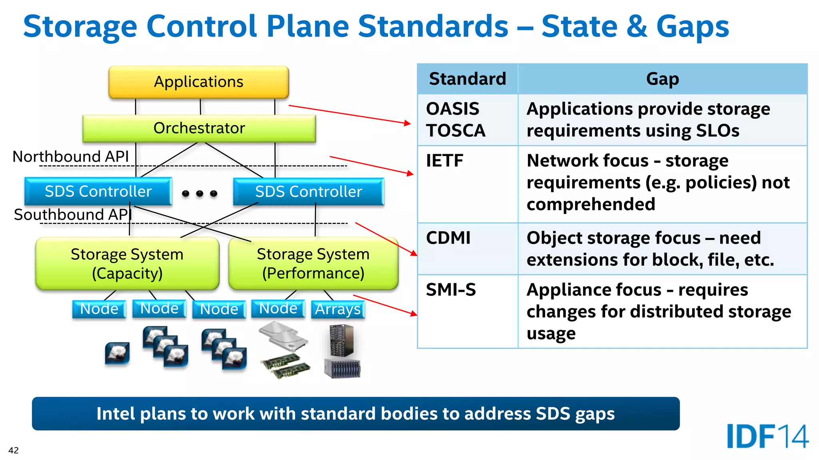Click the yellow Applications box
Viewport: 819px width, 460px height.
pos(199,82)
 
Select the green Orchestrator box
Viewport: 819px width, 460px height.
pos(199,128)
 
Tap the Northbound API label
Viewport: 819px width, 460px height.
pos(71,157)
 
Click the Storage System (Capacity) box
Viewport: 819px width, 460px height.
pos(127,264)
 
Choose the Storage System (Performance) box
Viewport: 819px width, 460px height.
pos(313,264)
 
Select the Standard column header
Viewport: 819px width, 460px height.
pos(467,79)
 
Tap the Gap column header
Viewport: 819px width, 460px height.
pos(663,79)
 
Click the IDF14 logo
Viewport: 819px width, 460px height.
pos(767,436)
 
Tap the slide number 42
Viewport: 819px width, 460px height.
pos(14,450)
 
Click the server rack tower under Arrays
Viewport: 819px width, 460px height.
pos(342,340)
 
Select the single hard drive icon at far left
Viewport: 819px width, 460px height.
pos(117,353)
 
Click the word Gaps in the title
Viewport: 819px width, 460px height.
pos(693,26)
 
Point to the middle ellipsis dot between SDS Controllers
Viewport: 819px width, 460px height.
pos(200,194)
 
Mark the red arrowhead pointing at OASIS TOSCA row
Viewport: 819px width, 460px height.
pos(408,123)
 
